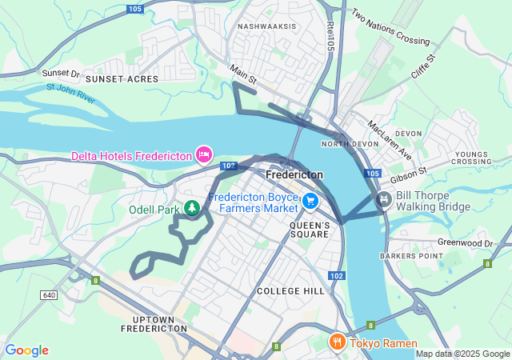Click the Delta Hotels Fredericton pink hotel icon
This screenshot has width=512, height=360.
(204, 154)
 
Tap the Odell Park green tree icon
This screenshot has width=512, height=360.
(192, 209)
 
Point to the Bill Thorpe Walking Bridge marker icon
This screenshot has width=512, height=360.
(384, 198)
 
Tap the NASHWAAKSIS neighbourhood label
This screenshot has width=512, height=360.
(267, 26)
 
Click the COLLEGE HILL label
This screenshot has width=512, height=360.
(291, 291)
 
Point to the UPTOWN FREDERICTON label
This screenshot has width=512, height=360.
(154, 323)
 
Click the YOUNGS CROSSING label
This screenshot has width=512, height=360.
(472, 158)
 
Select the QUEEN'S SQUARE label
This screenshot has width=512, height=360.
(309, 230)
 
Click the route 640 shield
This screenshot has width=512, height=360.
(50, 295)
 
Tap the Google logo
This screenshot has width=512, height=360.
(26, 350)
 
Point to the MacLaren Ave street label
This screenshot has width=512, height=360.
(389, 139)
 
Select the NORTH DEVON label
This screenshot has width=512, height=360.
(342, 144)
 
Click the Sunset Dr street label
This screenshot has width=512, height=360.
(61, 73)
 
